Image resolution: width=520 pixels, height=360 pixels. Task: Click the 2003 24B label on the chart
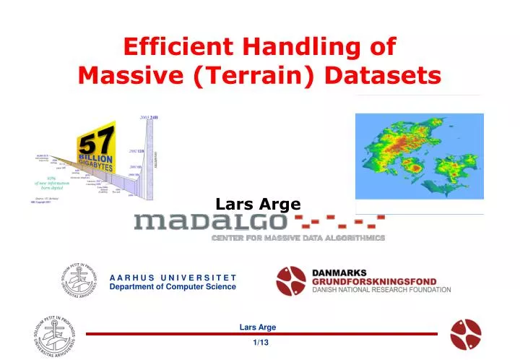tap(149, 117)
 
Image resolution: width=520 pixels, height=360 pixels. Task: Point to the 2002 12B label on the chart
tap(136, 151)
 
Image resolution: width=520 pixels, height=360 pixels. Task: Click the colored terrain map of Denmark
tap(419, 163)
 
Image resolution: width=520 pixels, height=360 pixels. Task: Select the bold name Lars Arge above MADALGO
tap(259, 205)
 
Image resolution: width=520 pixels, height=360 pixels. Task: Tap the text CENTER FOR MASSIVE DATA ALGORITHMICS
tap(298, 238)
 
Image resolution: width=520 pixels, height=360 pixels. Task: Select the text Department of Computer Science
tap(172, 287)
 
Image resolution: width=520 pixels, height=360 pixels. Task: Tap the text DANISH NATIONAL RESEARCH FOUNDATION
tap(381, 291)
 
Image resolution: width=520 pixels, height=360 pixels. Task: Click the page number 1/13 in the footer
tap(261, 342)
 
